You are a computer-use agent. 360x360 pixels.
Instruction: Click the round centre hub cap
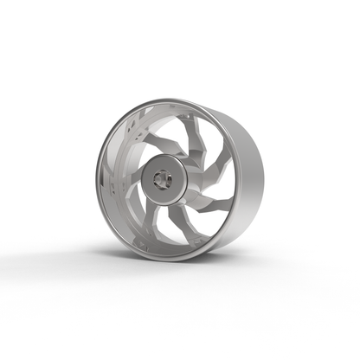(162, 178)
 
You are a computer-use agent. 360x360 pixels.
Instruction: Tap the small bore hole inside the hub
(159, 179)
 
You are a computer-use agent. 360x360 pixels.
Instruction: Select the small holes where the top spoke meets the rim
(169, 116)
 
